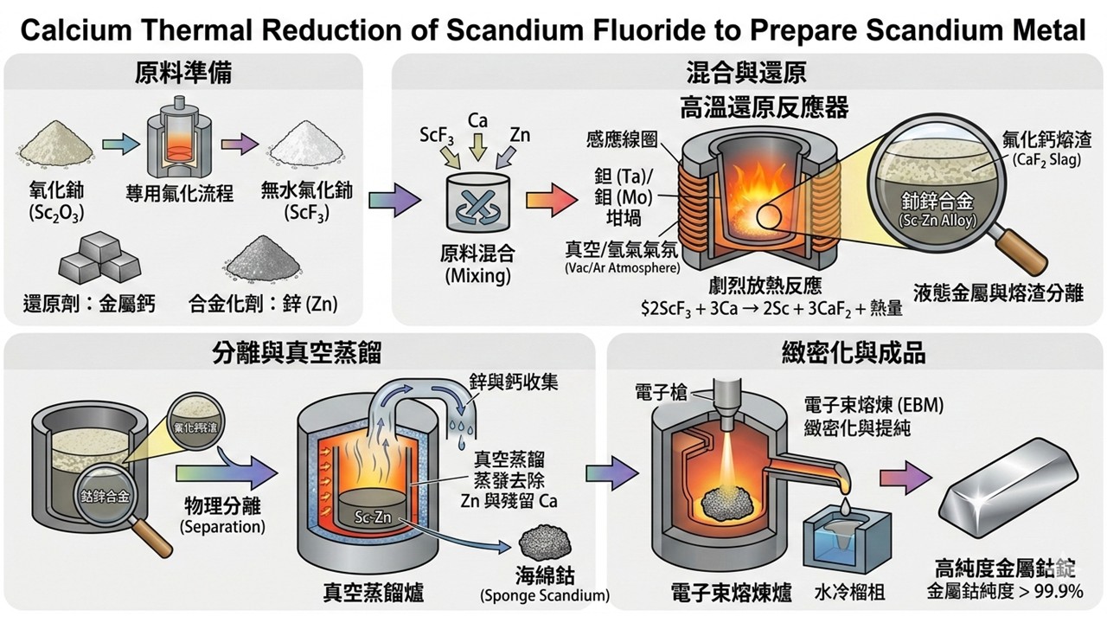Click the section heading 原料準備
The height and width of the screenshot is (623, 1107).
point(183,72)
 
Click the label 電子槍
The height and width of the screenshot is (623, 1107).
point(659,392)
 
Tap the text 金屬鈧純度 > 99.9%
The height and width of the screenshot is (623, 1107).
point(1005,592)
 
